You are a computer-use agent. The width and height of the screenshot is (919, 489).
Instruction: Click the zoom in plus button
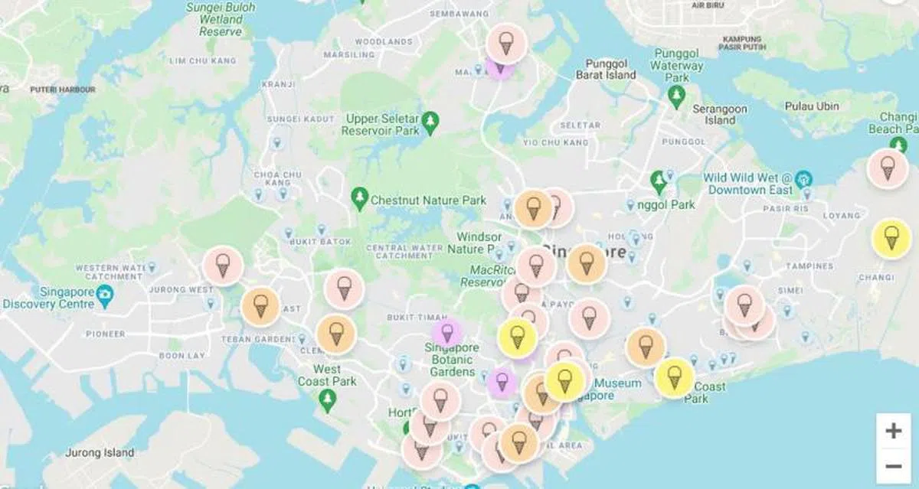point(893,431)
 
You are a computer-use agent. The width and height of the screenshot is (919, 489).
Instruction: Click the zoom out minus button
point(893,465)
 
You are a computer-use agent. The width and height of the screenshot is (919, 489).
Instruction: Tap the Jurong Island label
point(100,452)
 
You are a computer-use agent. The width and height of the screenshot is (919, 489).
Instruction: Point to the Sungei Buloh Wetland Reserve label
point(221,19)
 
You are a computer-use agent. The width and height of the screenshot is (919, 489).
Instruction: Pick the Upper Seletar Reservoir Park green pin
point(431,122)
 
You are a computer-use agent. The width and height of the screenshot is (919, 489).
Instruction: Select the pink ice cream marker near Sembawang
point(505,43)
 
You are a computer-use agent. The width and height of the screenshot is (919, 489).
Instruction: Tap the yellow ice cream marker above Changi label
point(891,238)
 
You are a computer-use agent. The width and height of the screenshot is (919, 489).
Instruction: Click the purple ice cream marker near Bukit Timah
point(447,333)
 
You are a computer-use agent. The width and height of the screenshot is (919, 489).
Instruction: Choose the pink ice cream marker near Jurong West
point(223,267)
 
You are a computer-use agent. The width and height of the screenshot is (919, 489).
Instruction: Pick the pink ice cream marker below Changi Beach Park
point(887,168)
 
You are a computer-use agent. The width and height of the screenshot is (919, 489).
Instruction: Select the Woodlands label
point(384,41)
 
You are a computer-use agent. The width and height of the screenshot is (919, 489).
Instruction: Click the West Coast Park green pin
point(328,399)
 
